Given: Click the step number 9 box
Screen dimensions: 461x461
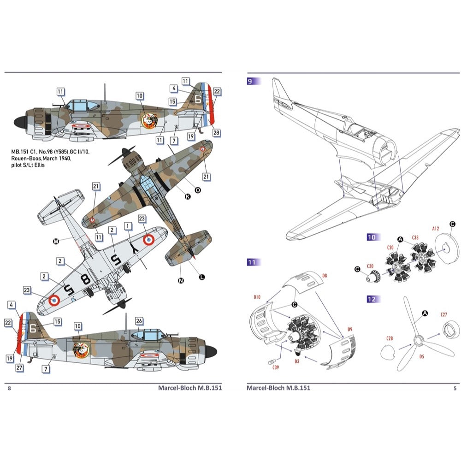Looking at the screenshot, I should [x=253, y=81].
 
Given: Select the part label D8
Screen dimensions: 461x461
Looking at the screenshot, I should [x=325, y=276].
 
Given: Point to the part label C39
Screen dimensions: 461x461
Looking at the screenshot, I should [x=276, y=367].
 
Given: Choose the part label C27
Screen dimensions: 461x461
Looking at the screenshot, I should [x=443, y=315].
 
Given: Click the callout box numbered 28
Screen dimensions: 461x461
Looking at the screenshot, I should [x=216, y=132].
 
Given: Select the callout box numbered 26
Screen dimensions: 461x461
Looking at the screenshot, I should [x=139, y=321].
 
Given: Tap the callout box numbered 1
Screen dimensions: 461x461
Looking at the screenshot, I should [x=128, y=226].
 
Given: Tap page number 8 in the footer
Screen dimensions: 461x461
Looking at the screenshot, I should [x=10, y=388].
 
